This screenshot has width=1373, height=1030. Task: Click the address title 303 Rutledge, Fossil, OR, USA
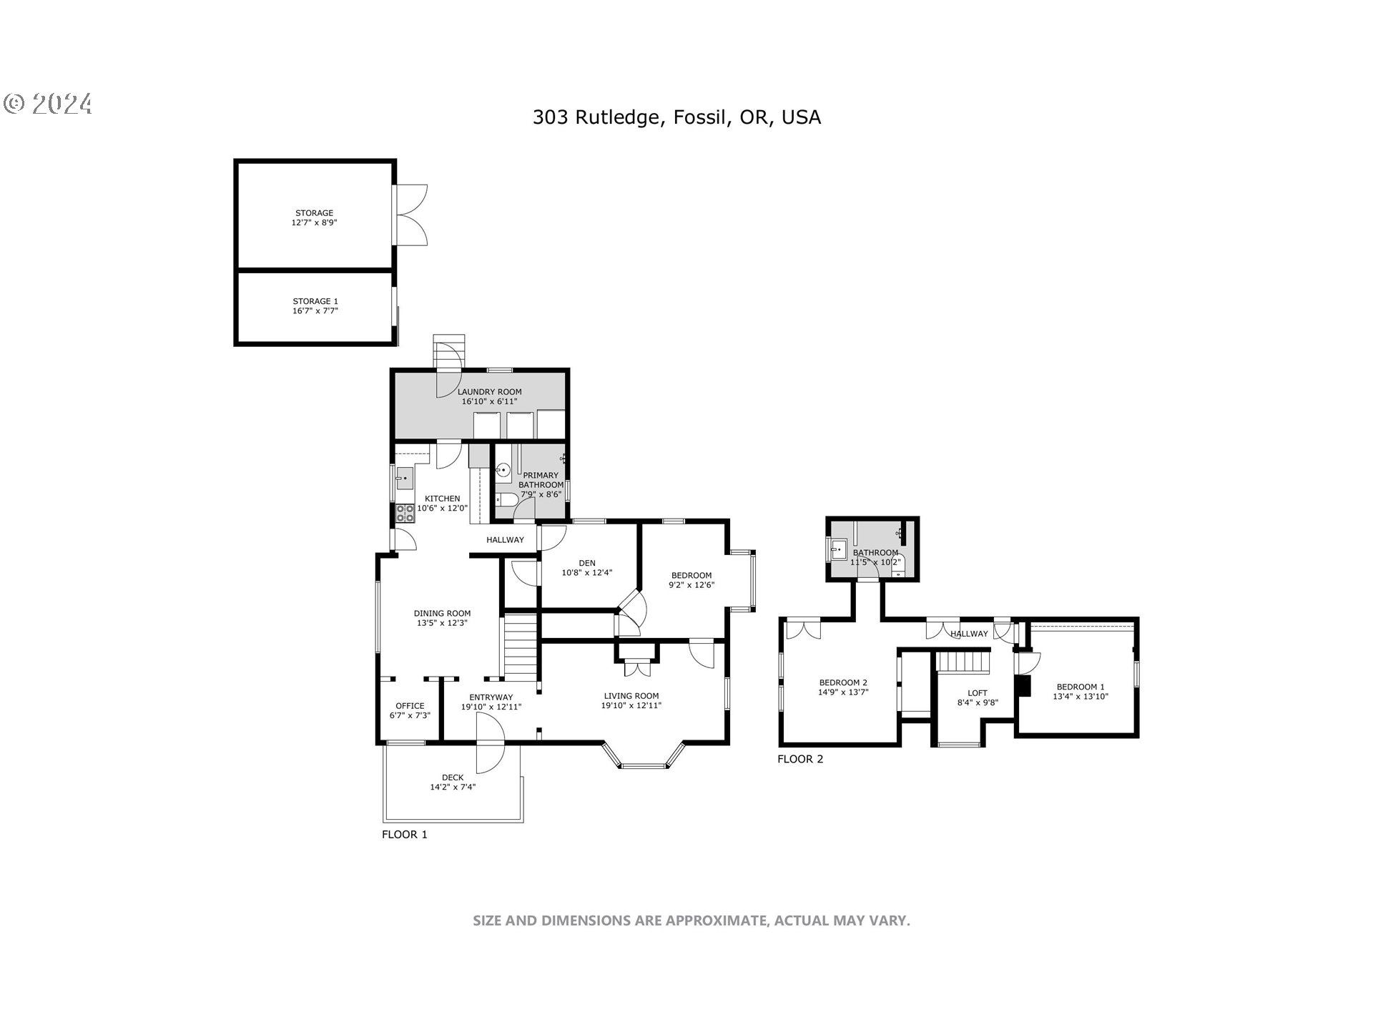(676, 117)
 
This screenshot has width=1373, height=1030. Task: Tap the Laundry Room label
(489, 392)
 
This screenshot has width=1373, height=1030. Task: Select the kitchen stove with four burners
(405, 513)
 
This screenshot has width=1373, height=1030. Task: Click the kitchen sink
(405, 477)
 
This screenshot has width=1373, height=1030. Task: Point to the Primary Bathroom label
(541, 480)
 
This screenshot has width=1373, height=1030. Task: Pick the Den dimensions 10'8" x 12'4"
(587, 572)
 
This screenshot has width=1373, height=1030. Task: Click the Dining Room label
(442, 613)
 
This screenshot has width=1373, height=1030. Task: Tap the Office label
(410, 706)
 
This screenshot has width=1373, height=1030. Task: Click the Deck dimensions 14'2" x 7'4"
(453, 788)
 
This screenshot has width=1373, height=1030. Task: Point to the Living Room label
(631, 696)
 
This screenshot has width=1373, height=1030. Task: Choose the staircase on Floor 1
(521, 647)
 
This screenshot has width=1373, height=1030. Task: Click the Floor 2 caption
(800, 759)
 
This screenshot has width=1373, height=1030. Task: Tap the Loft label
(978, 693)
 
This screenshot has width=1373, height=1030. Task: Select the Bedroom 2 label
(843, 682)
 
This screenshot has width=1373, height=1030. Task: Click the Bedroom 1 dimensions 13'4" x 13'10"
(1081, 696)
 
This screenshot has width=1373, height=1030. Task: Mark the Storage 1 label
(315, 301)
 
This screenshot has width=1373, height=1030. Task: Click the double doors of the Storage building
(410, 216)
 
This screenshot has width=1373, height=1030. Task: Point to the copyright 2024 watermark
(48, 104)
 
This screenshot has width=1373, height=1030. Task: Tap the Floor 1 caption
(405, 834)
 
